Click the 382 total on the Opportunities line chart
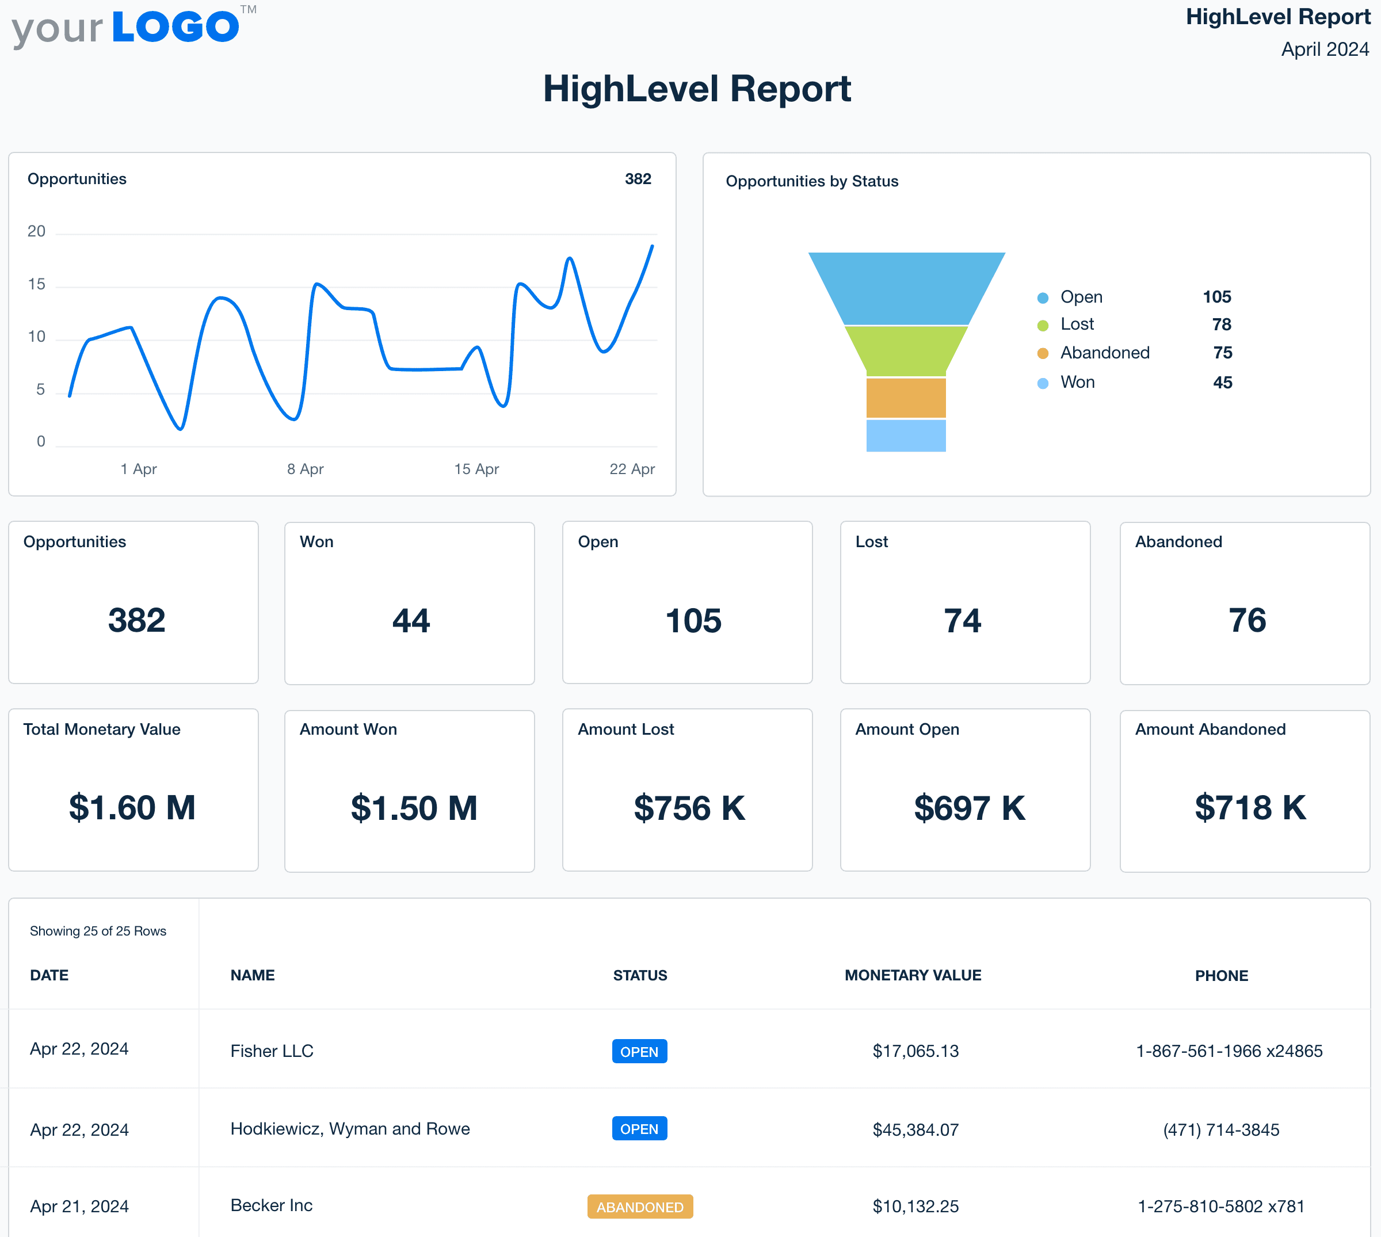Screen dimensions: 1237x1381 [x=638, y=179]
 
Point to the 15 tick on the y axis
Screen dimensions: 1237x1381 [x=37, y=284]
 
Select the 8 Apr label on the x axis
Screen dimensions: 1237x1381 [x=305, y=469]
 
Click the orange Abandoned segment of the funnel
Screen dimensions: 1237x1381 [x=905, y=398]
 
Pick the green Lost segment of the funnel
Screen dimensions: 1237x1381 [x=905, y=350]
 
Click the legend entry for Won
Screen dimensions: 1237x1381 [x=1077, y=382]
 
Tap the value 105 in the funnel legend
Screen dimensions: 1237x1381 [x=1216, y=297]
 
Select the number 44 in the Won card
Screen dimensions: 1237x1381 [x=410, y=621]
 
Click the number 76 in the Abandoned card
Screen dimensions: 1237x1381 [x=1246, y=621]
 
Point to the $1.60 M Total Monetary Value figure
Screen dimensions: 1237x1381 [x=132, y=807]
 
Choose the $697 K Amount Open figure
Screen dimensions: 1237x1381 [x=968, y=807]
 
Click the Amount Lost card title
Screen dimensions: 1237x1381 [x=625, y=730]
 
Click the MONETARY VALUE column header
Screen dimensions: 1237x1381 [x=912, y=975]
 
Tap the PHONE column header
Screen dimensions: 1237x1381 [x=1220, y=976]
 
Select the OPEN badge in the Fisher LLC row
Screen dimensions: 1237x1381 [x=639, y=1052]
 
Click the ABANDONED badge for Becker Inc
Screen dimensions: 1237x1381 [x=639, y=1207]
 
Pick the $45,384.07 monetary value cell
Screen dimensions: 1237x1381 [x=915, y=1129]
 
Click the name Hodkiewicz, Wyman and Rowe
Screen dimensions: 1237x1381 [x=350, y=1129]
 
